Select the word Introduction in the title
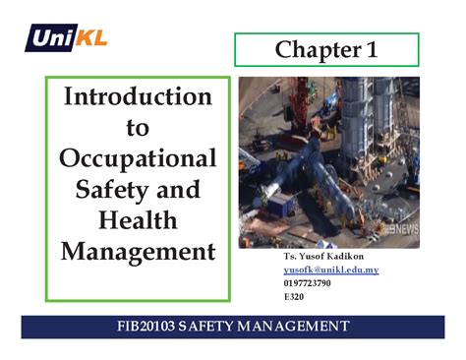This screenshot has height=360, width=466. click(137, 97)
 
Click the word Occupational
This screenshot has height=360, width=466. click(137, 157)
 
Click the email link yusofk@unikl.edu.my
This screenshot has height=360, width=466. click(330, 270)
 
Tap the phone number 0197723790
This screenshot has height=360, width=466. click(307, 283)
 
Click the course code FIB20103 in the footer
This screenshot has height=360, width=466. click(150, 326)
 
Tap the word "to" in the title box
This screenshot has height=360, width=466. click(137, 128)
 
